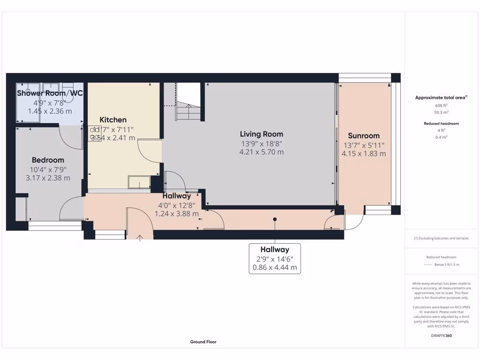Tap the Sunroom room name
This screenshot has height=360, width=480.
(364, 136)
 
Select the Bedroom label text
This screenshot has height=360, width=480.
(48, 160)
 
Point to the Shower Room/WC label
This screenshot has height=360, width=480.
(50, 93)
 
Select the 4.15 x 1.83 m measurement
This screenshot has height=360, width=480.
(364, 153)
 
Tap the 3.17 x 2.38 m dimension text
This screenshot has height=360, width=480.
(48, 178)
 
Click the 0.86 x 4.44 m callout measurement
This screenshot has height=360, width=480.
(275, 268)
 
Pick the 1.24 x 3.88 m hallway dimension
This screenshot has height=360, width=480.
(177, 213)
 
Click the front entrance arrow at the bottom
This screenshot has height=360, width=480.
(140, 238)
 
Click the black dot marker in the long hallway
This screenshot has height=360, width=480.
(275, 219)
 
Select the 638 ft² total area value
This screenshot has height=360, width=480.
(440, 105)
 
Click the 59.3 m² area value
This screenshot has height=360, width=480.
(440, 112)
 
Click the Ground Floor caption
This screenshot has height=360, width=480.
(203, 342)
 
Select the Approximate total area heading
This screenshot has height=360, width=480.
(440, 97)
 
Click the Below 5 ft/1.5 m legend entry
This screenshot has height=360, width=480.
(446, 264)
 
